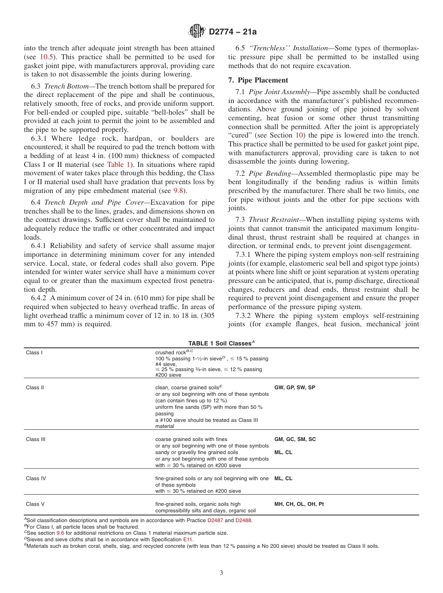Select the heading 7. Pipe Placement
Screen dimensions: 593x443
click(258, 80)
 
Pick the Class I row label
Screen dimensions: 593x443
click(34, 352)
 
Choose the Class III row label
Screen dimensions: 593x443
click(35, 439)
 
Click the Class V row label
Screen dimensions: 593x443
click(35, 504)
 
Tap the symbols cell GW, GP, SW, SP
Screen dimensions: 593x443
click(295, 387)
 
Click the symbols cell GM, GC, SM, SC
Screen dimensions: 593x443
click(295, 439)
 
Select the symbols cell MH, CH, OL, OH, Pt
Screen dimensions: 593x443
click(299, 504)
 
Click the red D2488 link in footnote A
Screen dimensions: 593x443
click(243, 520)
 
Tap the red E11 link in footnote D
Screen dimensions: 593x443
click(187, 538)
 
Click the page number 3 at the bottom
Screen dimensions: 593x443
click(221, 573)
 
